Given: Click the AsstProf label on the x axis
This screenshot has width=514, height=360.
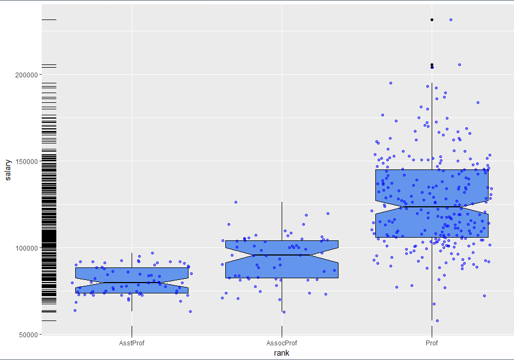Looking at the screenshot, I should click(x=132, y=343).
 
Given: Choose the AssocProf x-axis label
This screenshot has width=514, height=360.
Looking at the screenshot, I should click(x=282, y=343).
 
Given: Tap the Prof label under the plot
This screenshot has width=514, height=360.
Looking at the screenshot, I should click(x=432, y=343).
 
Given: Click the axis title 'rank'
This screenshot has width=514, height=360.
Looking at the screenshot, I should click(x=282, y=353).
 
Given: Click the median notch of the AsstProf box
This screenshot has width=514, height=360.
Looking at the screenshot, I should click(x=132, y=283).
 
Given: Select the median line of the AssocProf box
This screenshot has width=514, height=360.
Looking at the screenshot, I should click(x=282, y=255).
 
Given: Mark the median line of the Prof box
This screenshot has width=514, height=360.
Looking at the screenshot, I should click(x=432, y=207).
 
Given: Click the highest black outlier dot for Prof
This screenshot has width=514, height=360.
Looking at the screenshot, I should click(x=432, y=20).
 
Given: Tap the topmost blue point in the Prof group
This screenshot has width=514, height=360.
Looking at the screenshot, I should click(x=451, y=20).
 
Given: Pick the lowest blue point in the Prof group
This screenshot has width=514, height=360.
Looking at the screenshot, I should click(x=437, y=320).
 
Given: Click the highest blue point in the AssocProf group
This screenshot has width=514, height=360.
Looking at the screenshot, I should click(x=236, y=202).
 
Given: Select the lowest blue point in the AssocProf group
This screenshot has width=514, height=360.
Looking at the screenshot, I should click(x=283, y=312).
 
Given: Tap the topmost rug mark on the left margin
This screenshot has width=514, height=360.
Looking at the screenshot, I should click(x=49, y=20).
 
